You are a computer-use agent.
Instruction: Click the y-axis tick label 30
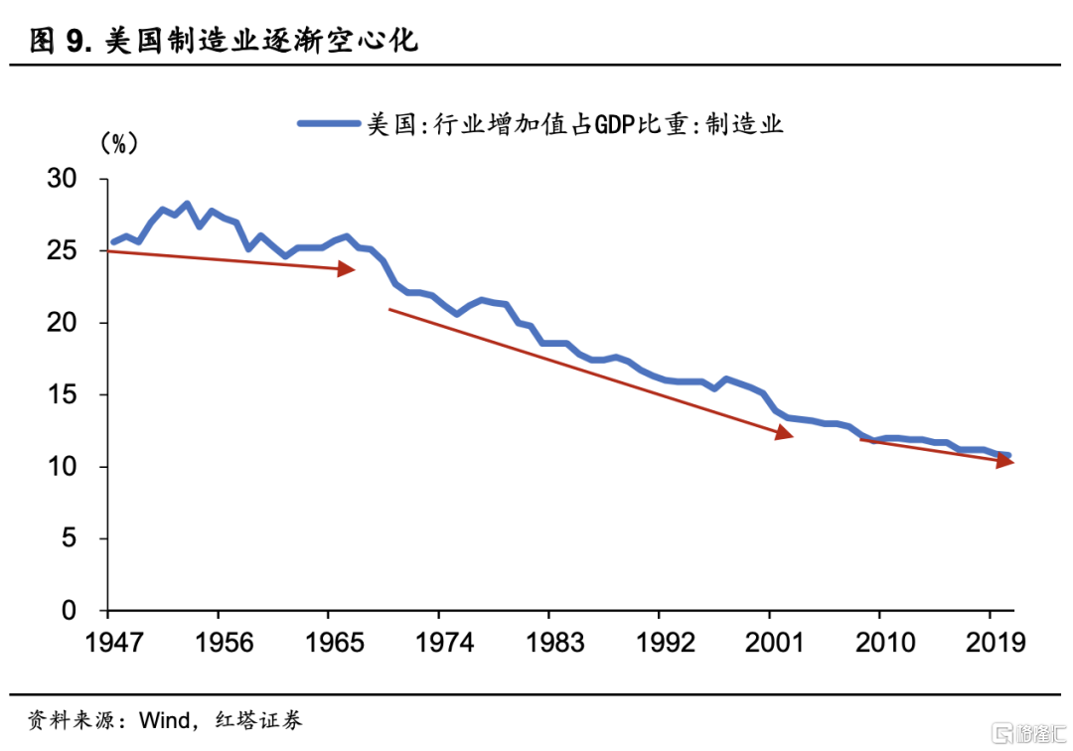coord(76,180)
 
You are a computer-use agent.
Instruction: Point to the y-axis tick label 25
coord(76,251)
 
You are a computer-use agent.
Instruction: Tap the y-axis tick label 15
coord(76,395)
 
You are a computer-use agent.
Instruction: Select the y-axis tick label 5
coord(83,539)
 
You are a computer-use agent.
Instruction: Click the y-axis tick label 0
coord(83,611)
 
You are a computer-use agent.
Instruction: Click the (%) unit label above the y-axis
coord(118,143)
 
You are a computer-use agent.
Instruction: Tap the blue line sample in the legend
coord(328,123)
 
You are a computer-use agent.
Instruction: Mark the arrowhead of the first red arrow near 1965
coord(347,269)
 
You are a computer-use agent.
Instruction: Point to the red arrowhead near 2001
coord(784,434)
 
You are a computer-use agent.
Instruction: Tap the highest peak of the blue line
coord(186,204)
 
